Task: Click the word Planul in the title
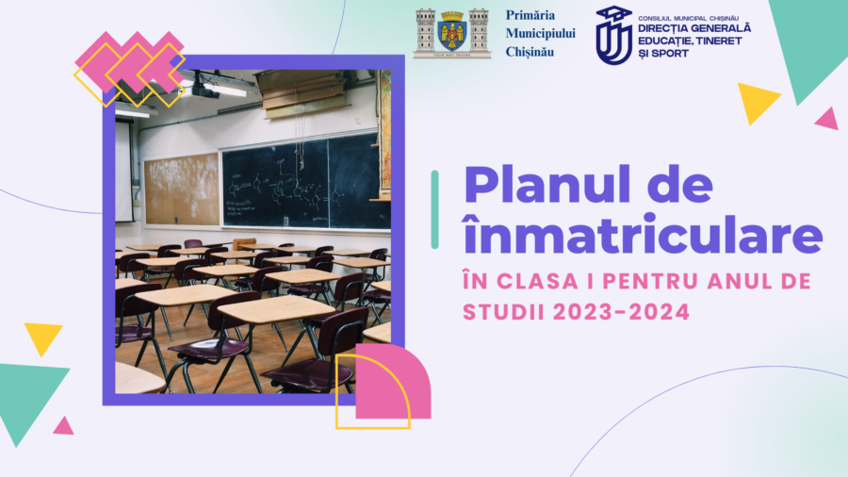point(547,185)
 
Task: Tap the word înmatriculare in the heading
point(643,233)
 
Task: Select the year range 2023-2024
point(622,312)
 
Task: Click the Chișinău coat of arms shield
point(452,32)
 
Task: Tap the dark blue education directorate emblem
point(613,35)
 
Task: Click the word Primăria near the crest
point(530,15)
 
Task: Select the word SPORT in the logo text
point(670,54)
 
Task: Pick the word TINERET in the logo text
point(719,41)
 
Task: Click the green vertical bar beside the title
point(434,209)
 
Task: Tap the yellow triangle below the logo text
point(758,103)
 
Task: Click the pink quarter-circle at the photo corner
point(393,381)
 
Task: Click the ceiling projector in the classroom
point(205,90)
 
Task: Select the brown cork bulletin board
point(182,189)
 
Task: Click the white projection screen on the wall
point(123,171)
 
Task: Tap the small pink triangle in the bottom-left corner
point(64,426)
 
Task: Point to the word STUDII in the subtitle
point(503,312)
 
